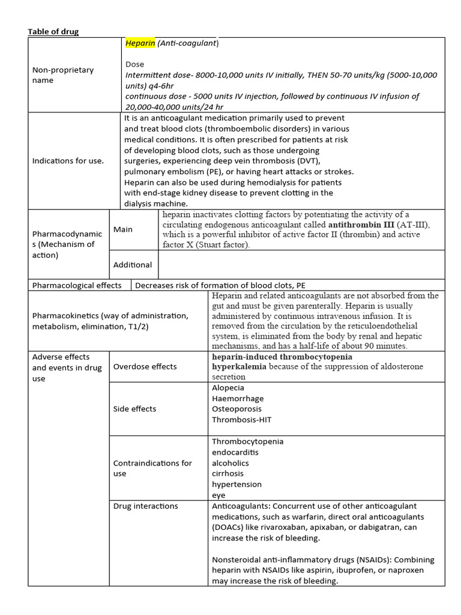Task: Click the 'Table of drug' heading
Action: [54, 32]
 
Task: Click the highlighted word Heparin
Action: [140, 43]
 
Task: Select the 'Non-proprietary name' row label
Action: [62, 75]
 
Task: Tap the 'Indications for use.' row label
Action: [67, 160]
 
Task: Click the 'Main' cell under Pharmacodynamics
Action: [123, 229]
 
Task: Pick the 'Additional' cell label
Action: [133, 264]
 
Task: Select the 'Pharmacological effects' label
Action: [76, 285]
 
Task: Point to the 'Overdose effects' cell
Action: [145, 366]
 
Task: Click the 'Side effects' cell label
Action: [134, 408]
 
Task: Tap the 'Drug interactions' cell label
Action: [145, 506]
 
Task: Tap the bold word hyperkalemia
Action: [238, 366]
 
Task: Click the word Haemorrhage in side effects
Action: [238, 398]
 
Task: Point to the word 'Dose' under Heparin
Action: [135, 64]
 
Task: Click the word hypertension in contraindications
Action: [237, 484]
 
